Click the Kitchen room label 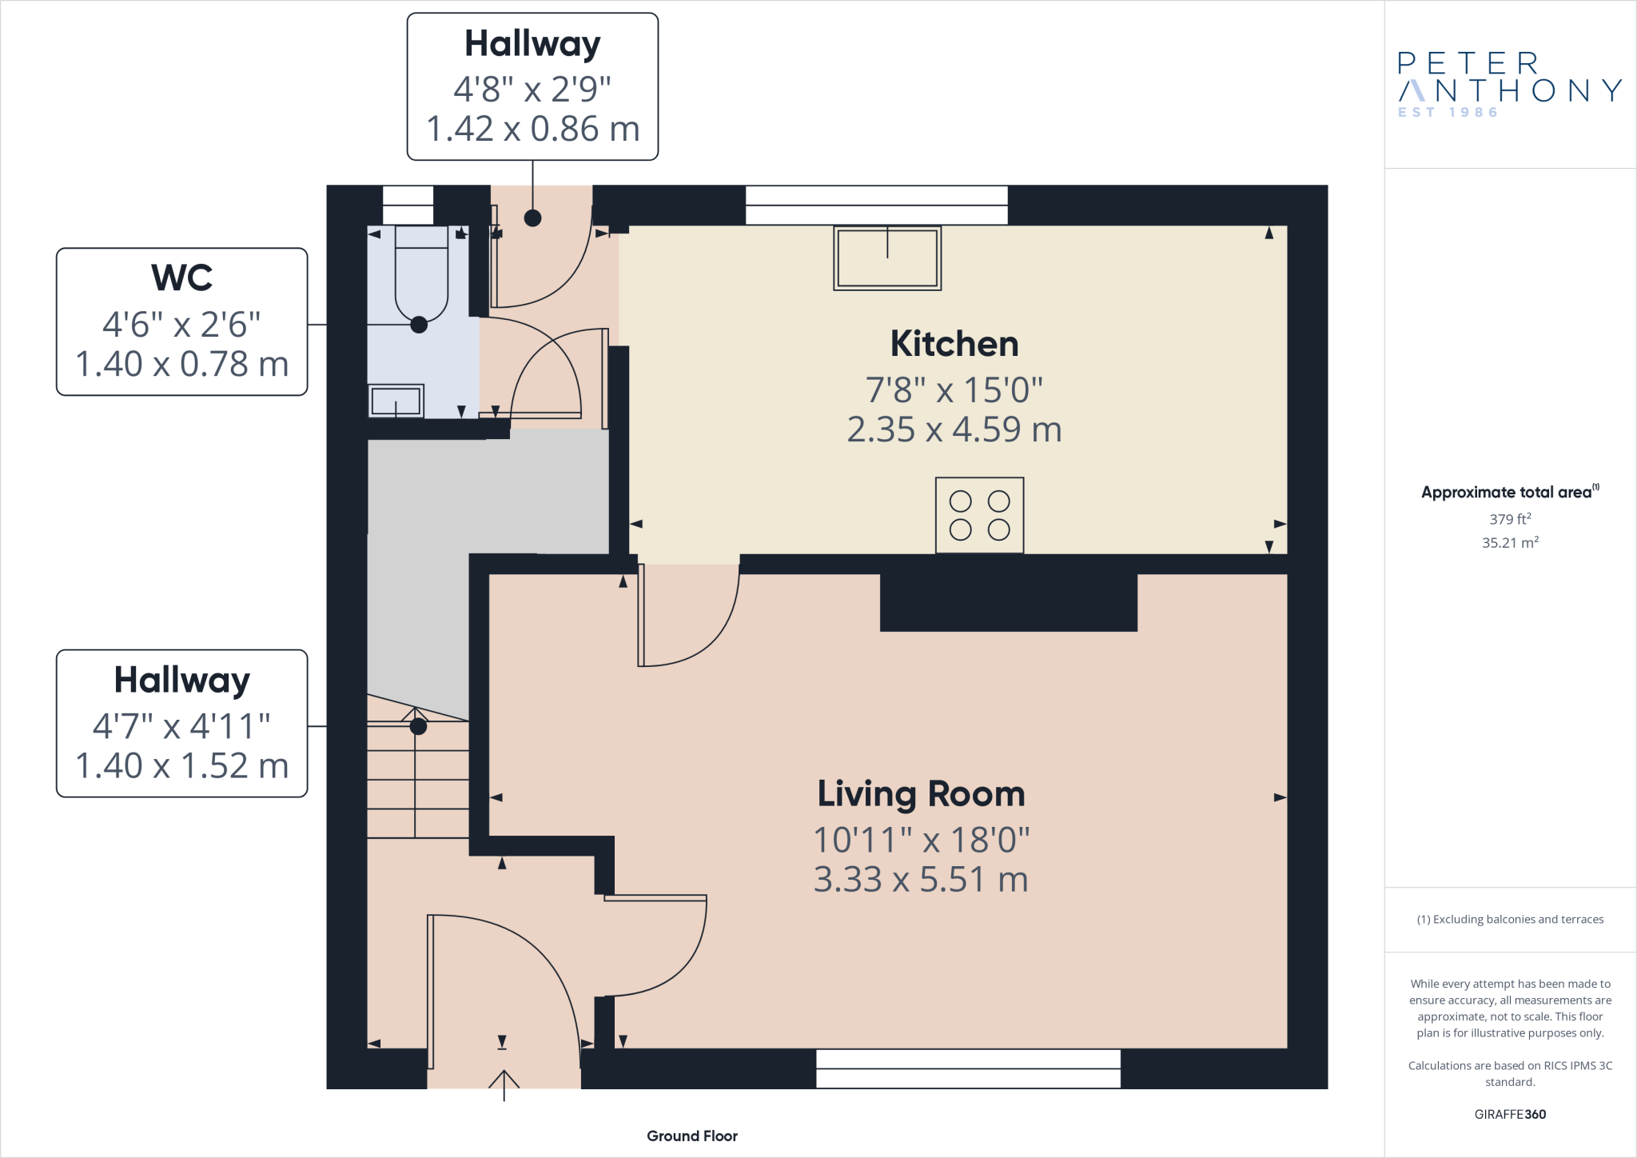click(x=954, y=345)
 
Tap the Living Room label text click(x=921, y=794)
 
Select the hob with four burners click(x=979, y=516)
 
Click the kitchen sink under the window click(x=887, y=258)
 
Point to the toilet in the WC click(x=421, y=276)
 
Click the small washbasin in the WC click(x=396, y=401)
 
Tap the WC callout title click(x=182, y=278)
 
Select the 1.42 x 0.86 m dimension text click(x=533, y=130)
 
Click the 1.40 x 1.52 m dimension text click(x=182, y=766)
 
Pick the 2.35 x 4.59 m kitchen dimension click(x=954, y=430)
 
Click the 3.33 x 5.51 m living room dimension click(x=921, y=880)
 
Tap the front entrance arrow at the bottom click(x=504, y=1084)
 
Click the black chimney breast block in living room click(x=1009, y=602)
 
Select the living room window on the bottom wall click(x=968, y=1068)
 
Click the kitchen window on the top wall click(x=876, y=205)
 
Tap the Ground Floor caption click(x=692, y=1136)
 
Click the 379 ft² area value click(x=1510, y=519)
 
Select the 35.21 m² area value click(x=1510, y=542)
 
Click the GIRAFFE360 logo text click(x=1510, y=1114)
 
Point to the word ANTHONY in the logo click(x=1511, y=90)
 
